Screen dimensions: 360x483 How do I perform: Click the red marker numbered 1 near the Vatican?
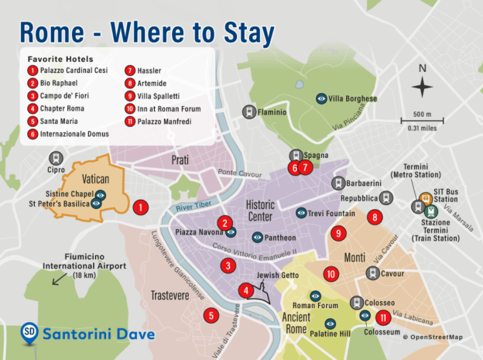tap(140, 207)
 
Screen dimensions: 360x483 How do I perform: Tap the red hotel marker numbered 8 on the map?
tap(375, 218)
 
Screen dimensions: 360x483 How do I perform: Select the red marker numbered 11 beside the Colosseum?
tap(382, 317)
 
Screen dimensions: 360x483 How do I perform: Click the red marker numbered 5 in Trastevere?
tap(210, 315)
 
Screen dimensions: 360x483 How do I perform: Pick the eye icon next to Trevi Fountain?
tap(301, 213)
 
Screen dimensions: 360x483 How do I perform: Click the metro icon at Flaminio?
tap(249, 111)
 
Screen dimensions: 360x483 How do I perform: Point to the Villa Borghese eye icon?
tap(321, 98)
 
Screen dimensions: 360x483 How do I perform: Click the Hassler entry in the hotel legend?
tap(147, 70)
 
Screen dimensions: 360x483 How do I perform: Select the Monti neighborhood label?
tap(352, 257)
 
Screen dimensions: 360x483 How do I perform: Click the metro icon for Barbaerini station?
tap(337, 183)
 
